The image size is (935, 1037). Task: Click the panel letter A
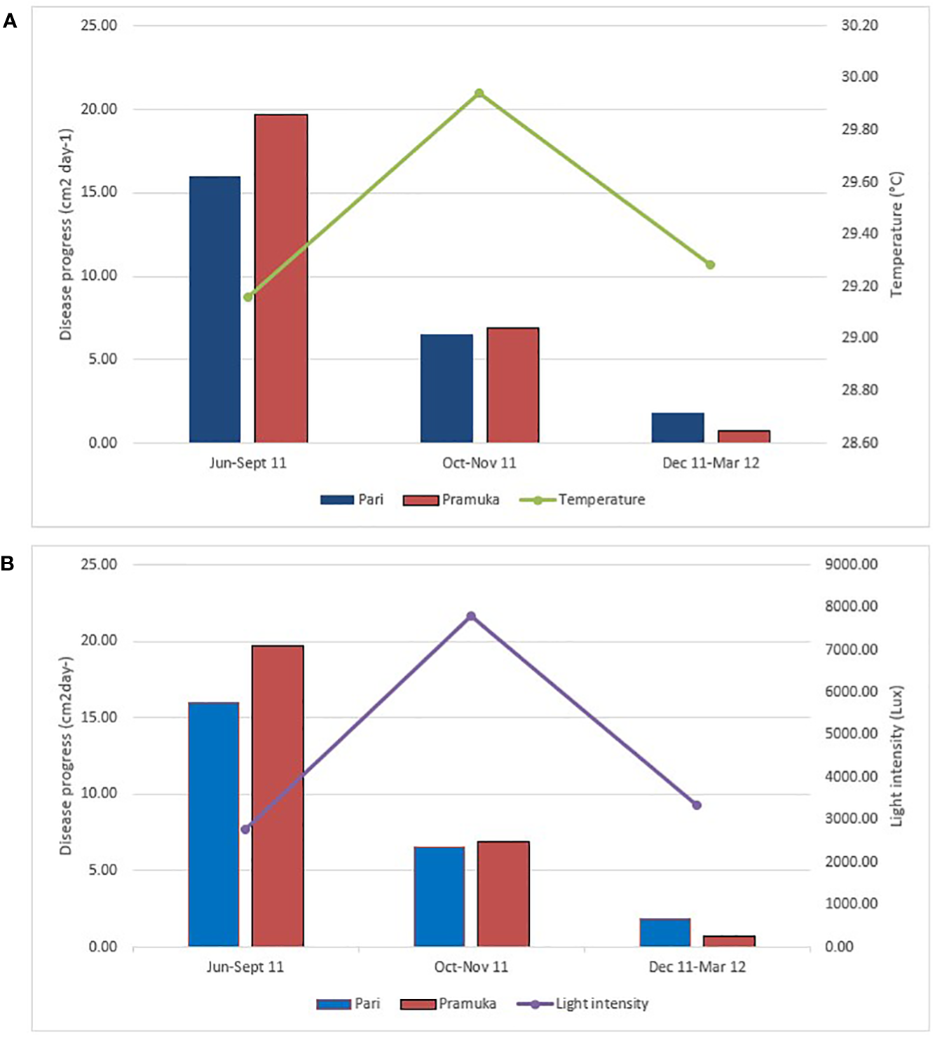click(10, 22)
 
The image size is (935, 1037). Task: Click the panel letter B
click(8, 563)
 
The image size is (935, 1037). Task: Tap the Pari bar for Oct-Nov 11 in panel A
click(446, 388)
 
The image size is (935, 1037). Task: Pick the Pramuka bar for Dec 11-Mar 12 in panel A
click(744, 436)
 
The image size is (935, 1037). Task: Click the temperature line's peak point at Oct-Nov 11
click(479, 93)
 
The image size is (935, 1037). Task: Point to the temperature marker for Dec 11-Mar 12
click(710, 265)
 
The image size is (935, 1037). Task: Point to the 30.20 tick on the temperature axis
click(859, 25)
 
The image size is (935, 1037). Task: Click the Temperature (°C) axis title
click(896, 235)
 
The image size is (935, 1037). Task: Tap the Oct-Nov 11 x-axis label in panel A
click(479, 463)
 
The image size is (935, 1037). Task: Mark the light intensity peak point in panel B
click(471, 617)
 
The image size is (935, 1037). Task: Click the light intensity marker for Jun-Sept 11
click(245, 830)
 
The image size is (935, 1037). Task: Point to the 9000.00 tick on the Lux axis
click(851, 565)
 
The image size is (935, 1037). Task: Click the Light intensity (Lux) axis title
click(896, 755)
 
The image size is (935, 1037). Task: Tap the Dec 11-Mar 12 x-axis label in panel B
click(697, 967)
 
